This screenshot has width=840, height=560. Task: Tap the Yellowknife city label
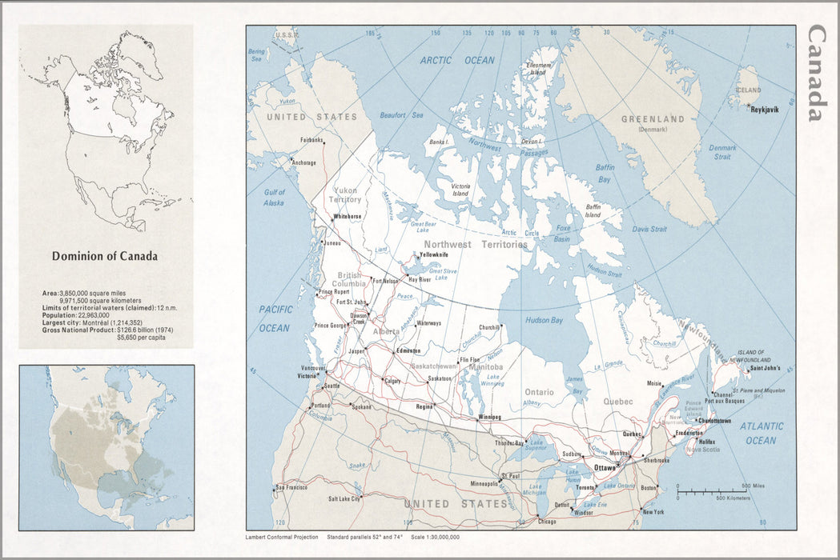(433, 254)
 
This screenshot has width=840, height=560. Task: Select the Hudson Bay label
(544, 320)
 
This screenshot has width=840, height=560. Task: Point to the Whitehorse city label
(348, 216)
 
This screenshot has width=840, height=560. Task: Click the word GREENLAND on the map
(653, 119)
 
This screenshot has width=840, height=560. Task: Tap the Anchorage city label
(303, 162)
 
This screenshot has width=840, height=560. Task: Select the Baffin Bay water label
(605, 174)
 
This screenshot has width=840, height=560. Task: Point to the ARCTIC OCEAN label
(458, 60)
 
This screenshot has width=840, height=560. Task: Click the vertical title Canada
(816, 73)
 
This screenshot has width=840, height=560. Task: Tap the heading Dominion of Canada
(105, 257)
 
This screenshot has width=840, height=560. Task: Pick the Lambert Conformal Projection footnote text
(282, 537)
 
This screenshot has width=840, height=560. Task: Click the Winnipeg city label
(489, 417)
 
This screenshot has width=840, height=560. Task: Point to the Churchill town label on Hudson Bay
(489, 327)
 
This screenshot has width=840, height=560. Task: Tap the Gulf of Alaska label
(275, 198)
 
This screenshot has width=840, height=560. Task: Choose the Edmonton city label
(408, 351)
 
